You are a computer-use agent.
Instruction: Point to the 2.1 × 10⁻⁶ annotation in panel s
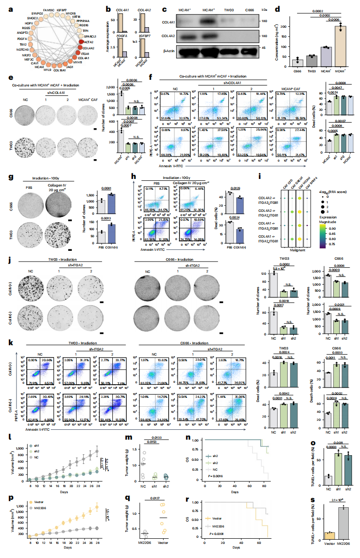[x=343, y=500]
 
